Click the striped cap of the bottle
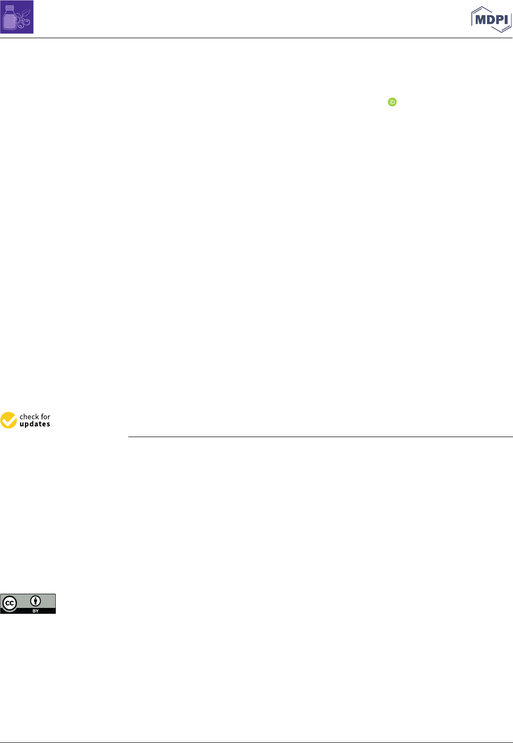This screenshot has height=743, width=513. [x=9, y=8]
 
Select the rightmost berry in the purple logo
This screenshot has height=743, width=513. [x=27, y=22]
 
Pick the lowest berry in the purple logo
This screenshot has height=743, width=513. [x=21, y=26]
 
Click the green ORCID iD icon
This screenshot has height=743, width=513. [x=392, y=102]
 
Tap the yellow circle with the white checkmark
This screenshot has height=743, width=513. [x=8, y=420]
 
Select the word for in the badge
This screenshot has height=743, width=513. [x=46, y=417]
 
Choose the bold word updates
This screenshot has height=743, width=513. [x=35, y=424]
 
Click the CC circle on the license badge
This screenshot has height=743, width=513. [x=9, y=604]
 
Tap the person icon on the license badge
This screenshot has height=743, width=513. [x=35, y=601]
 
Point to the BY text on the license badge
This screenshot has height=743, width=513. [x=35, y=611]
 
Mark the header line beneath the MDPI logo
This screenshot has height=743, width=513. [x=256, y=38]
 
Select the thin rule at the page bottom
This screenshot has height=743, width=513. [x=256, y=743]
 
